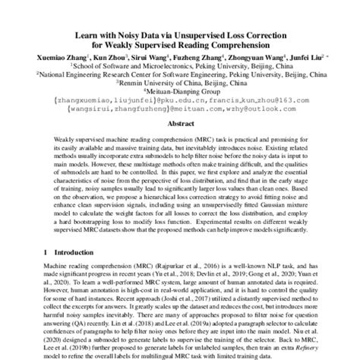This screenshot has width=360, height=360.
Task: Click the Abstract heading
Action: tap(180, 125)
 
